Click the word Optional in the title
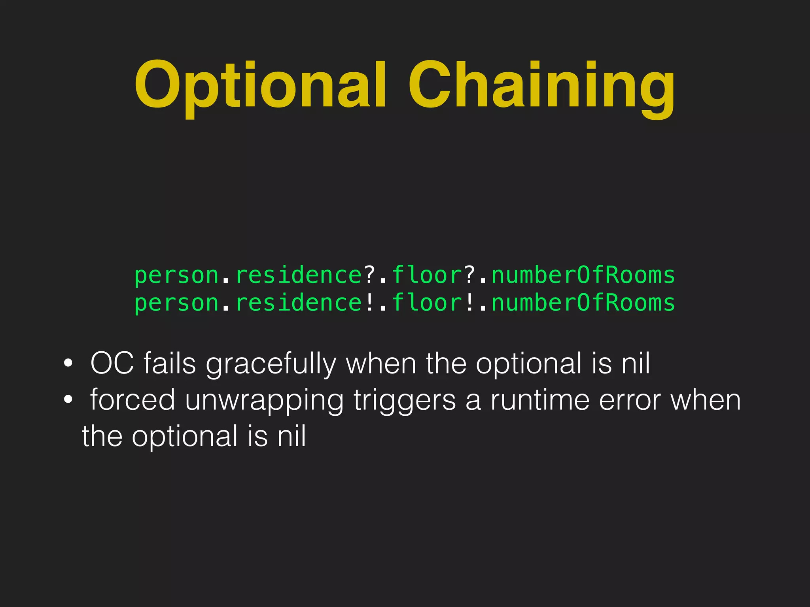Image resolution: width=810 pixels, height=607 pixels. tap(260, 85)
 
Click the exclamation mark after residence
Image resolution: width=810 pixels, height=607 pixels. tap(369, 303)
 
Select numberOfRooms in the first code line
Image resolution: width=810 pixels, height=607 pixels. tap(583, 275)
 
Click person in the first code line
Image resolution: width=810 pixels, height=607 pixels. tap(177, 276)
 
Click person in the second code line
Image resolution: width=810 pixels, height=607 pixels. tap(177, 303)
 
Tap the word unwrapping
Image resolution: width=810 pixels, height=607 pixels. tap(264, 401)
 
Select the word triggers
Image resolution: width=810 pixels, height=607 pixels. tap(404, 401)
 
